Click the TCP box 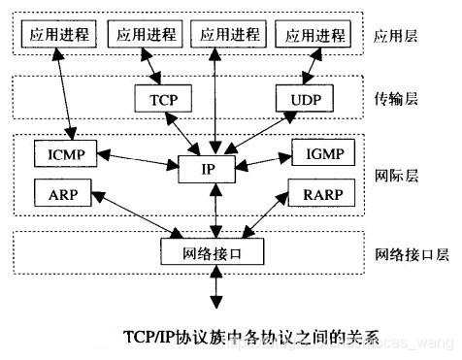(x=162, y=98)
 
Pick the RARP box (x=321, y=194)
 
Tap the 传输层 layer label (x=395, y=98)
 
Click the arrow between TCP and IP (x=186, y=133)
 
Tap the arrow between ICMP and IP (x=141, y=159)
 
